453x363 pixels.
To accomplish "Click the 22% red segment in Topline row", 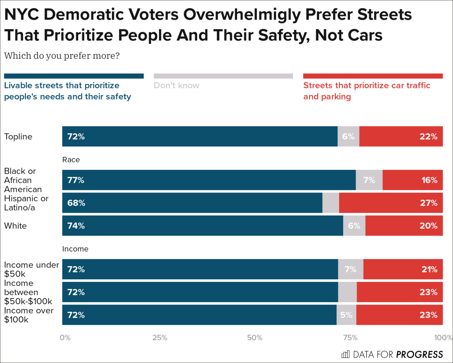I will click(401, 136).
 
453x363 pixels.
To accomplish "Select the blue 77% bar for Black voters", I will click(209, 180).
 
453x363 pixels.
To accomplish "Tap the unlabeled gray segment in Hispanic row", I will click(331, 203).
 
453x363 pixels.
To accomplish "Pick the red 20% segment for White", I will click(404, 226).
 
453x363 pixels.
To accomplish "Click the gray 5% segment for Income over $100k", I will click(346, 315).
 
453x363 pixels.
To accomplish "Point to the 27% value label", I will click(428, 203).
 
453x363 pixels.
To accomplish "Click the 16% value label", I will click(429, 180).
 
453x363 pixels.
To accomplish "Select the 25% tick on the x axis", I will click(160, 337).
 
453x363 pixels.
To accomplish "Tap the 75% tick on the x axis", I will click(350, 337).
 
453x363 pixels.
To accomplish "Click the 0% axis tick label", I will click(65, 337).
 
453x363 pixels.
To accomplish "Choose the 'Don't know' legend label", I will click(177, 85).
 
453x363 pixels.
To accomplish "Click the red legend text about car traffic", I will click(366, 91).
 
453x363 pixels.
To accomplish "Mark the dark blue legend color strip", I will click(74, 76).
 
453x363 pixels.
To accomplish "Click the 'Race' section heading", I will click(71, 160).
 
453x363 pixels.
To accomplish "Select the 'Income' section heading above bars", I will click(75, 249).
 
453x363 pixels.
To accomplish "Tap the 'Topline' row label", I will click(18, 136).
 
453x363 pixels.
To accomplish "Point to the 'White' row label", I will click(15, 226).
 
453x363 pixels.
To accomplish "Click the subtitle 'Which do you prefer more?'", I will click(62, 56).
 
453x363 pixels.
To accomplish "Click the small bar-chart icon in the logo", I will click(345, 354).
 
